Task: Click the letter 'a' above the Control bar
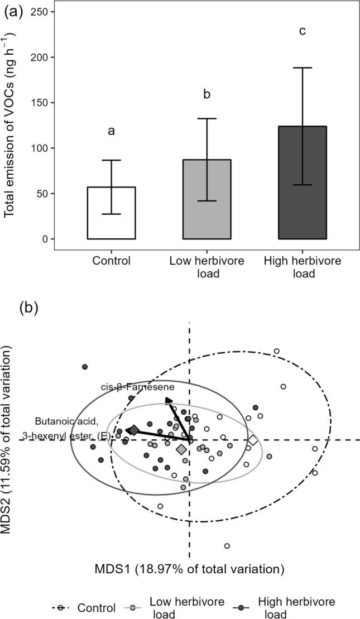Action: click(x=111, y=131)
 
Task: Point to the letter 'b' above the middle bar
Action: click(x=207, y=94)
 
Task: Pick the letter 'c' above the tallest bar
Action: click(x=302, y=31)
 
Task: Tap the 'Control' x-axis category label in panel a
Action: click(x=111, y=261)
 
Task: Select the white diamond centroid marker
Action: click(x=253, y=440)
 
